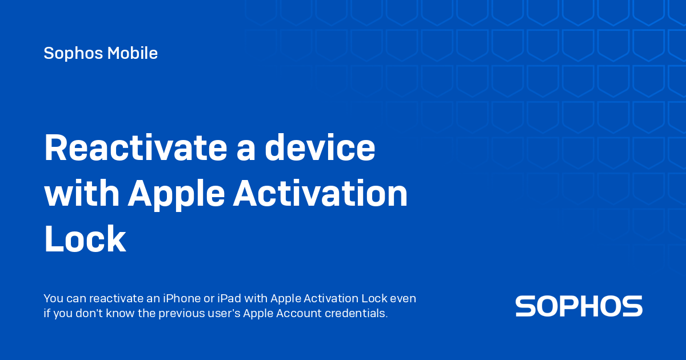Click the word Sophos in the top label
[73, 53]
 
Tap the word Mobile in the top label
[133, 53]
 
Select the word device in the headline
[320, 147]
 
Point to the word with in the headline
[82, 193]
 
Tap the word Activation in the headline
[321, 193]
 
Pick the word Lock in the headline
[85, 238]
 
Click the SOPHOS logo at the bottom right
[579, 306]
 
